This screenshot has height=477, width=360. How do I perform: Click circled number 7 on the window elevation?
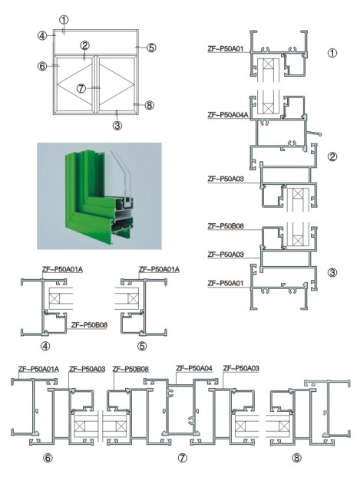coord(81,88)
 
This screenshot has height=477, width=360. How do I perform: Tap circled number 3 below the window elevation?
coord(117,125)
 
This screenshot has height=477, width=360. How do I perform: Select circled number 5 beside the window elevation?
coord(151,48)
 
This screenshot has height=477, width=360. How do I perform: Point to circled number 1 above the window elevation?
coord(64,20)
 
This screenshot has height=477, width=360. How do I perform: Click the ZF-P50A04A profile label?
coord(228,115)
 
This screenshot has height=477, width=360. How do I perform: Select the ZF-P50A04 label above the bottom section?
coord(194,368)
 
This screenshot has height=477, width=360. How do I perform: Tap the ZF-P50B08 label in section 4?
coord(89,325)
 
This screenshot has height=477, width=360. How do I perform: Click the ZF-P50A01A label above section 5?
coord(159,269)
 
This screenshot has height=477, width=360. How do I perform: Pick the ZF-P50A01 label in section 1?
coord(226,48)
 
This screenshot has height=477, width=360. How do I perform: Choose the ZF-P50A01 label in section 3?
coord(226,284)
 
